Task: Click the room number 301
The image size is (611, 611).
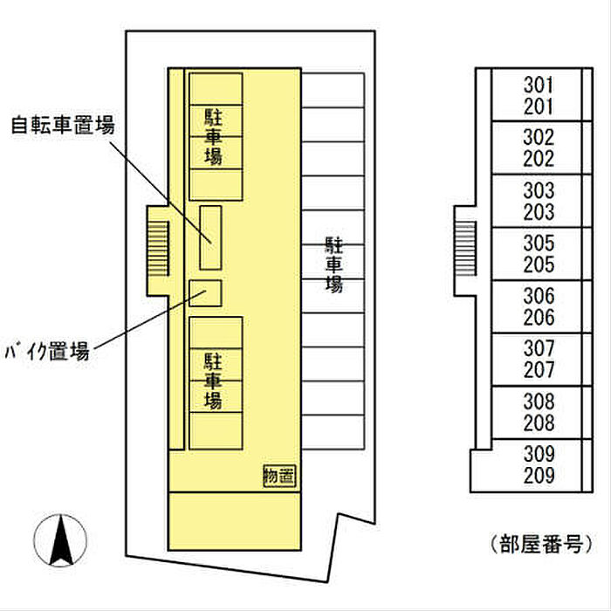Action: [x=539, y=86]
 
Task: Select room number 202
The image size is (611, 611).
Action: [x=539, y=160]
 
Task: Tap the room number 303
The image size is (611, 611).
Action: [x=539, y=191]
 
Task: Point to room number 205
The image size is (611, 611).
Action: [x=539, y=265]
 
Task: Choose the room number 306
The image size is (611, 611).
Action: [x=539, y=297]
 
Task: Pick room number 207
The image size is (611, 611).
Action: [x=539, y=370]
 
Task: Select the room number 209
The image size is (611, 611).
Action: [x=539, y=476]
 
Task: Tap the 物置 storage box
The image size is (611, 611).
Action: [x=279, y=476]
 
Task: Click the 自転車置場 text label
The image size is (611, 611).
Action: [x=63, y=125]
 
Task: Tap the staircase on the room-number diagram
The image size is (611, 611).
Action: [x=466, y=247]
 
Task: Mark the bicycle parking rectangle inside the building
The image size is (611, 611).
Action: [x=210, y=237]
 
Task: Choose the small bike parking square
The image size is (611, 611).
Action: [x=206, y=293]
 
